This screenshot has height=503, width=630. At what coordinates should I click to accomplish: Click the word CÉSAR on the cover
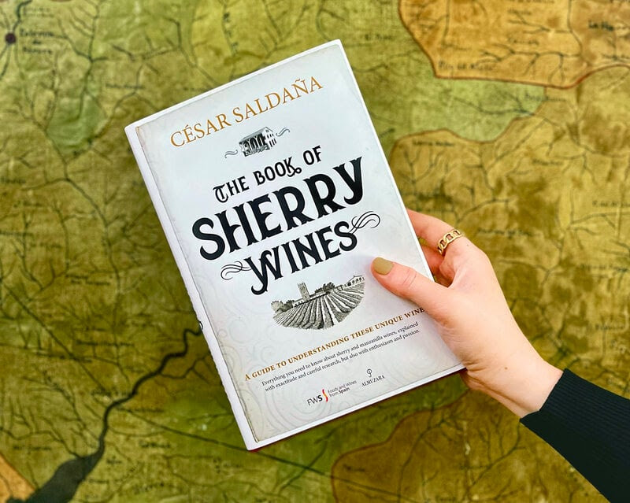[x=198, y=131]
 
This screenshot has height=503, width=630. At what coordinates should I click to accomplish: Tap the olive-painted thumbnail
[x=384, y=266]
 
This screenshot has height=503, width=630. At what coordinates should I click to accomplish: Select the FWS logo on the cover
[x=314, y=401]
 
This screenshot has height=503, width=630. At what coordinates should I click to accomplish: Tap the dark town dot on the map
[x=10, y=37]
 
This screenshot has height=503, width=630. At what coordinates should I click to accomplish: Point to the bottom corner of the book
[x=254, y=445]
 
